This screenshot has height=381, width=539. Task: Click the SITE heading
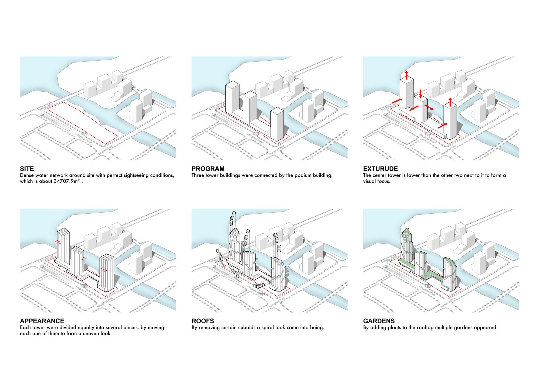(x=27, y=169)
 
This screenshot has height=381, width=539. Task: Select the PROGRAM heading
(x=208, y=169)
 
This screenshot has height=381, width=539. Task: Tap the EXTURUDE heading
(x=380, y=169)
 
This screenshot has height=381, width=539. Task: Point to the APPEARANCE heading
(x=42, y=321)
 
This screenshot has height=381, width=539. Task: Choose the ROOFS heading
(x=203, y=321)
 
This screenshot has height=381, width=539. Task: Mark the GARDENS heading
(x=379, y=321)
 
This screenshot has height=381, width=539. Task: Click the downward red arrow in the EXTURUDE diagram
(x=420, y=93)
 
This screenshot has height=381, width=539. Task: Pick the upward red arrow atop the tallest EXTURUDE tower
(x=407, y=75)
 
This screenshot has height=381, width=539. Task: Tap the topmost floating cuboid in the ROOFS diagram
(x=234, y=213)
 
